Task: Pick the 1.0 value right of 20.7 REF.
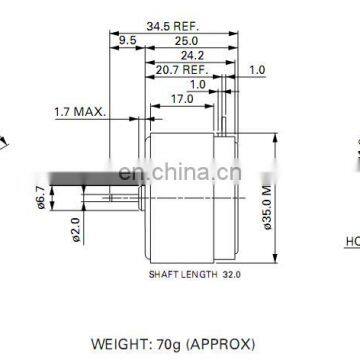pos(257,70)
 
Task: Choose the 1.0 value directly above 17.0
pos(200,85)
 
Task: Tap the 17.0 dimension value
pos(182,100)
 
